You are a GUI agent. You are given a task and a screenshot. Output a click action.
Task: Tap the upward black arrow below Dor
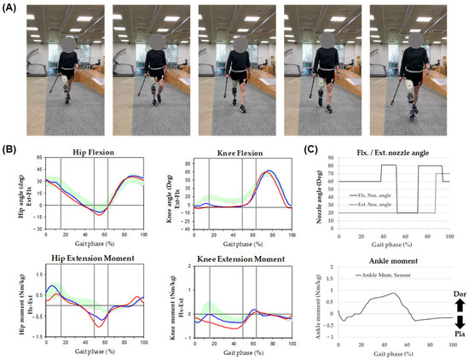[454, 303]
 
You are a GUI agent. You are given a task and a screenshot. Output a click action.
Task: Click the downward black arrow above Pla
[454, 323]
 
